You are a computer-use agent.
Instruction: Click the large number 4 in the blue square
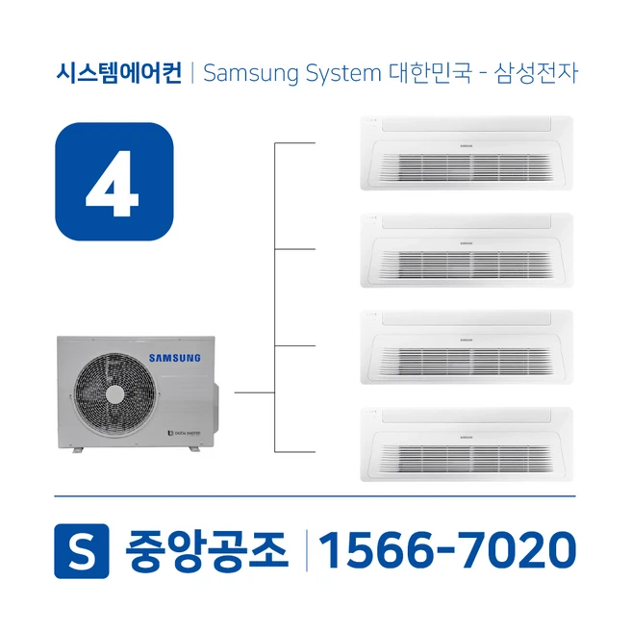point(113,181)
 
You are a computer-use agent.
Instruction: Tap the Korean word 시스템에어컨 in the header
point(118,73)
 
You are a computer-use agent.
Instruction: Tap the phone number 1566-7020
point(447,550)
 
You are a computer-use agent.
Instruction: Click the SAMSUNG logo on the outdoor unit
point(174,358)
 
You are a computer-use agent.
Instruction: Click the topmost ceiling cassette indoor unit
point(465,152)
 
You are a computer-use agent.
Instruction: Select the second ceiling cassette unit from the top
point(465,249)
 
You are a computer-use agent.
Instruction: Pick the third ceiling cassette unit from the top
point(465,346)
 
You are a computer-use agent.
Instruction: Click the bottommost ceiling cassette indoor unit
point(465,443)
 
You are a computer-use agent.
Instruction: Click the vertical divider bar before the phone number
point(306,550)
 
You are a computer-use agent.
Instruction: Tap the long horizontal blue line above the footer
point(315,496)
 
